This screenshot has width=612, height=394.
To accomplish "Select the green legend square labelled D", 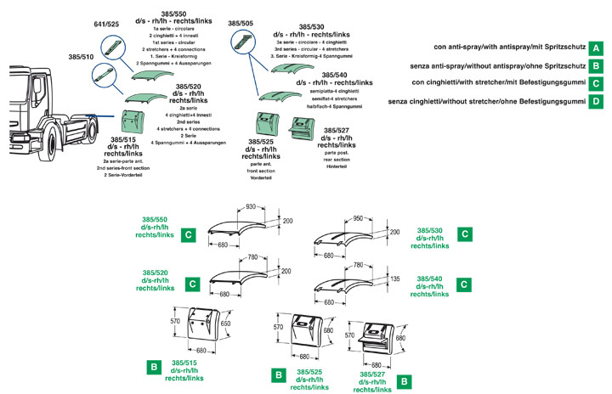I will pyautogui.click(x=597, y=101).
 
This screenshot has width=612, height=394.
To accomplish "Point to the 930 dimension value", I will pyautogui.click(x=251, y=206).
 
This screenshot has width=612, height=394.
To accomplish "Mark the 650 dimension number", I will pyautogui.click(x=225, y=324).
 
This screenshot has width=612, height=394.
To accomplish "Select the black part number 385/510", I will pyautogui.click(x=82, y=57).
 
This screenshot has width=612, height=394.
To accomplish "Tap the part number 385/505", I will pyautogui.click(x=241, y=24).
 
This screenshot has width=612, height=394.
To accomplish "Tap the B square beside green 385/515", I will pyautogui.click(x=153, y=367).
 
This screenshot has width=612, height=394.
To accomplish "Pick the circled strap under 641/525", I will pyautogui.click(x=111, y=45).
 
